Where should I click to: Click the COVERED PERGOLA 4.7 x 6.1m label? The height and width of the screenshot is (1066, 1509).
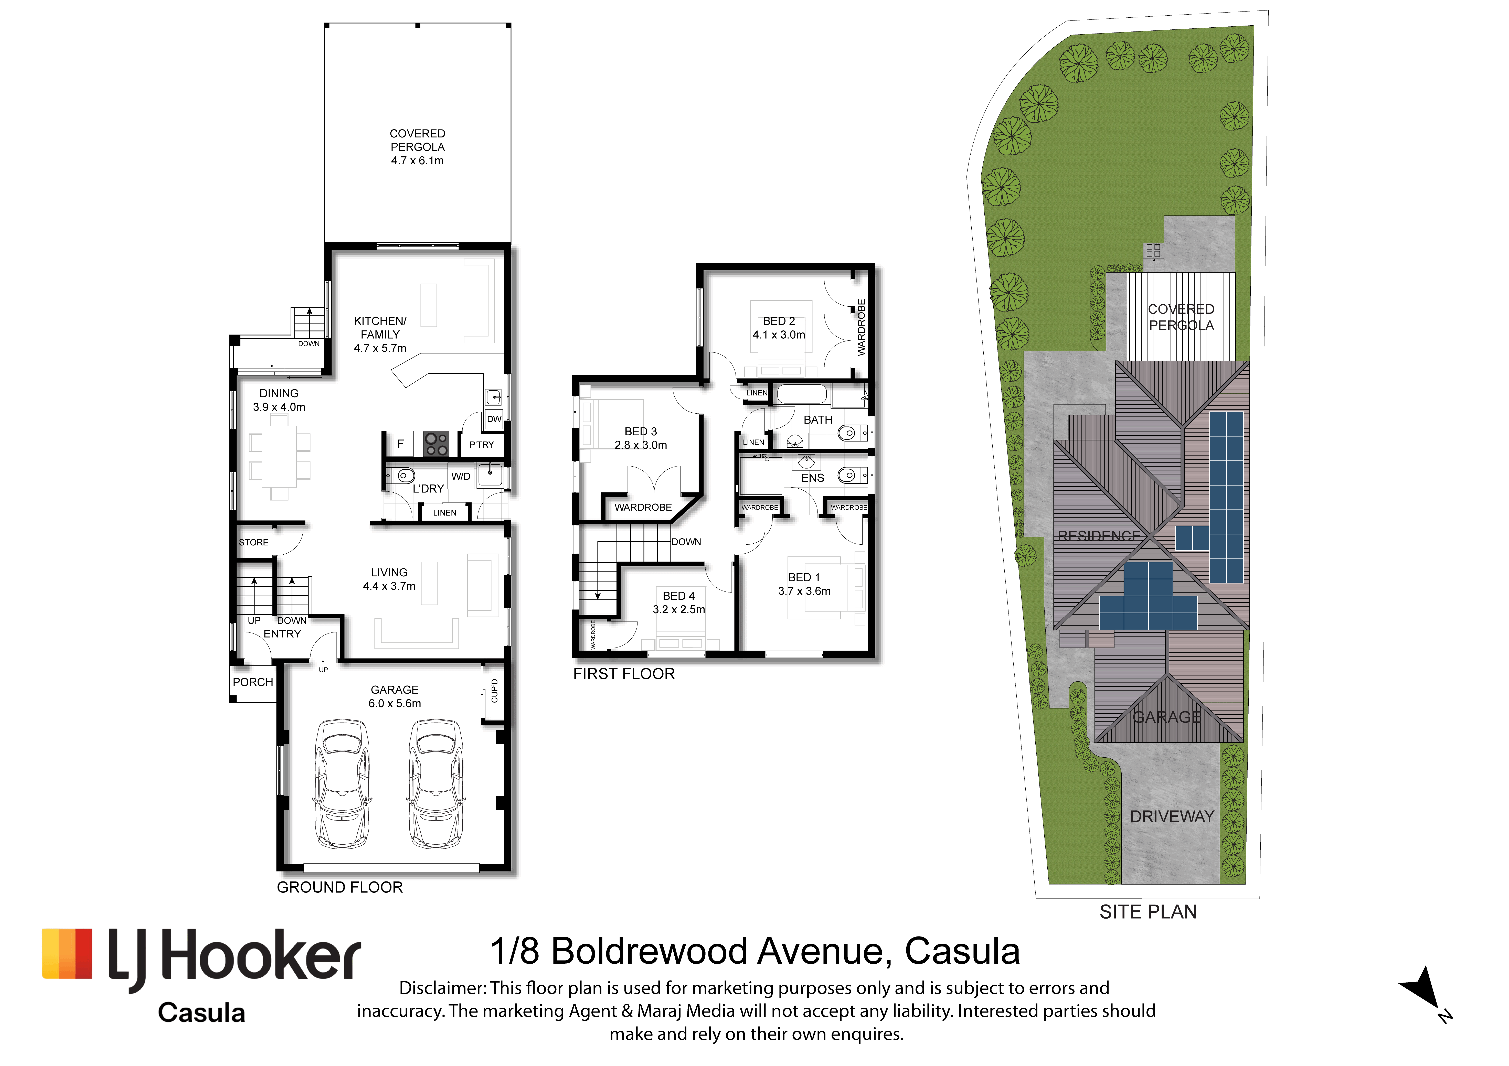tap(417, 147)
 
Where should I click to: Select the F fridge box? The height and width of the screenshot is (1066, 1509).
tap(400, 444)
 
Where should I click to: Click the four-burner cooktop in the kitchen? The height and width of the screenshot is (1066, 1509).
tap(436, 444)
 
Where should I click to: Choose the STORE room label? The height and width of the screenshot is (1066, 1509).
tap(254, 542)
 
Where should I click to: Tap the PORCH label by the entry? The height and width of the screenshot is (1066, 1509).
tap(253, 682)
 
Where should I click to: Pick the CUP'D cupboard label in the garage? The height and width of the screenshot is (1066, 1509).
tap(494, 691)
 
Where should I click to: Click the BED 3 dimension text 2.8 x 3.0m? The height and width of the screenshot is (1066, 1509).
tap(641, 445)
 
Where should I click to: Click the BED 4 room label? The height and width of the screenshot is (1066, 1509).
tap(678, 595)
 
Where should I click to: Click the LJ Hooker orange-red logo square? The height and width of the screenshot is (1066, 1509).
tap(67, 954)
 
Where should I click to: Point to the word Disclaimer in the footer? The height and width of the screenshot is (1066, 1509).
tap(443, 988)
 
